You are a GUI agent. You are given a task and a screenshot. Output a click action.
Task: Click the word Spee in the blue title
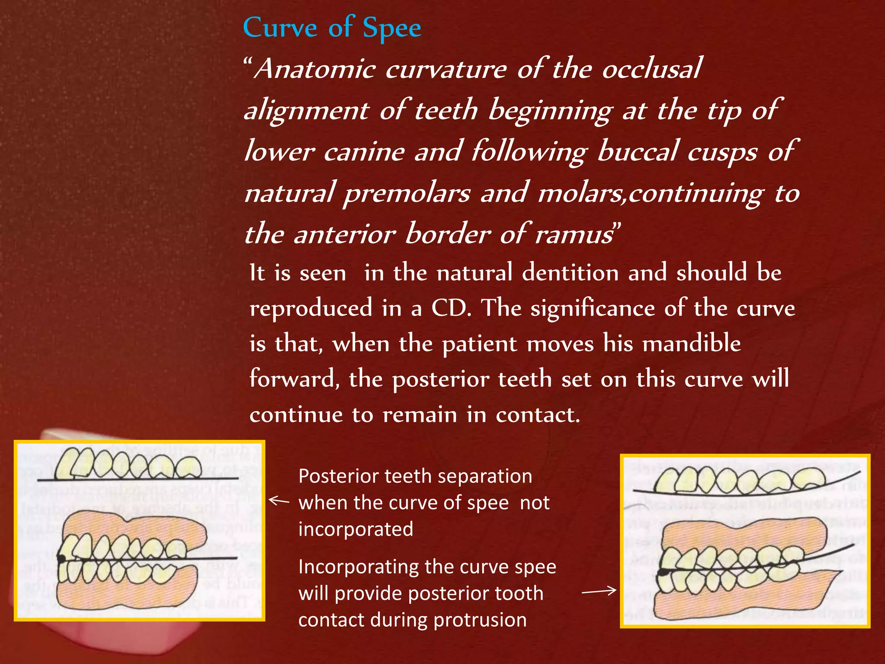pos(392,29)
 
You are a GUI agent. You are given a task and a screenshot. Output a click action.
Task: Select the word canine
pos(364,152)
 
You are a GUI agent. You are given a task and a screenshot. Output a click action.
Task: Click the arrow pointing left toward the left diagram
pos(279,501)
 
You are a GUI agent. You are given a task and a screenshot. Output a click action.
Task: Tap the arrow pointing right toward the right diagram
pos(599,591)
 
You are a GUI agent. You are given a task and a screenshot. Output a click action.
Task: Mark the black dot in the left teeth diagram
pos(62,559)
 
